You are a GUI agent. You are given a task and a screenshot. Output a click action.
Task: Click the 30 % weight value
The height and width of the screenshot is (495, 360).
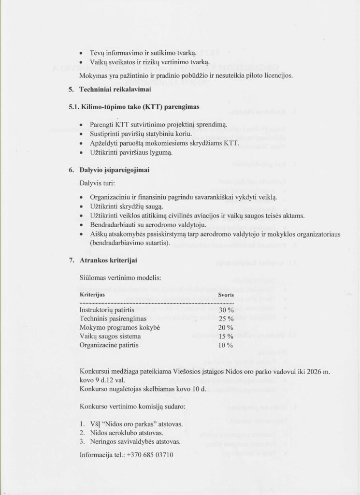click(226, 310)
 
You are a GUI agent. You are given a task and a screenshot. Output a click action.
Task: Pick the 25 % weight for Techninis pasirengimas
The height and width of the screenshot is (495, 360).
click(226, 319)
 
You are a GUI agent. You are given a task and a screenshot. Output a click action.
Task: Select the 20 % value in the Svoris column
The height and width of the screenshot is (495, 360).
click(226, 327)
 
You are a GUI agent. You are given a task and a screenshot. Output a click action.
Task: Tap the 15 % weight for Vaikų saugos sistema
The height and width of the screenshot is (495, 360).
click(226, 336)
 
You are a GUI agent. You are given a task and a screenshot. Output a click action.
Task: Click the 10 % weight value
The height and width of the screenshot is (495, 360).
click(226, 345)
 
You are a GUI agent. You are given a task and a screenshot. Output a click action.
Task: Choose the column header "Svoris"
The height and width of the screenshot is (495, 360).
click(225, 294)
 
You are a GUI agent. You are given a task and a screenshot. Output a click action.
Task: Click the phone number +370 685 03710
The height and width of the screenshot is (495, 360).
click(149, 455)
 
